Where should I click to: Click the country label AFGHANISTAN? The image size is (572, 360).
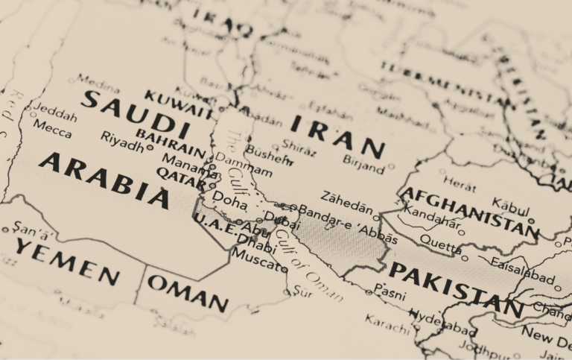[x=468, y=212]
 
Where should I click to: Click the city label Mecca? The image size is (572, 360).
[x=53, y=131]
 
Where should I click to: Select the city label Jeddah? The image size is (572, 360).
[x=56, y=116]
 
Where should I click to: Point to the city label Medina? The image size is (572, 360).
[x=98, y=80]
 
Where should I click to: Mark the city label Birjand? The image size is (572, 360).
[x=363, y=162]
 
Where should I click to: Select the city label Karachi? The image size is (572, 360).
[x=387, y=324]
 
